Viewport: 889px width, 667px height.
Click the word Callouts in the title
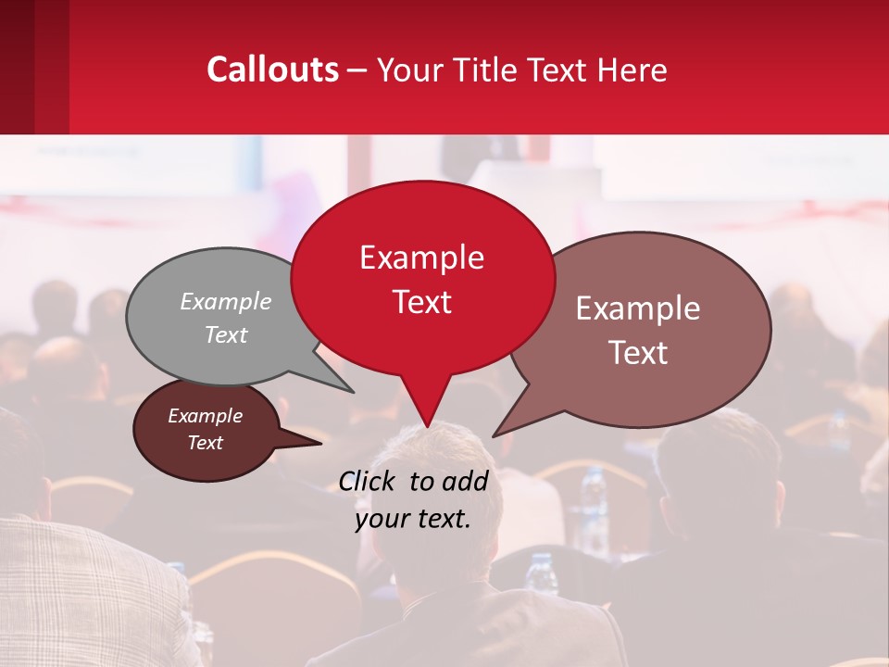272,69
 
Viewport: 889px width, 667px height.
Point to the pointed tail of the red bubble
427,425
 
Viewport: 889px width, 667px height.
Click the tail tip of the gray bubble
353,391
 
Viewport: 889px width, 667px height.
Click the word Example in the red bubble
421,258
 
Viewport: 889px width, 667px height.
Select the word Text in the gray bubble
226,335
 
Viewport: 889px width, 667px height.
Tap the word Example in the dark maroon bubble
205,416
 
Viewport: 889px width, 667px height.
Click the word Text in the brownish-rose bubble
639,353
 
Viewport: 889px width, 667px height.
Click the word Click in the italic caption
368,481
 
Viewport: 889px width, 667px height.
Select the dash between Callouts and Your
357,70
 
